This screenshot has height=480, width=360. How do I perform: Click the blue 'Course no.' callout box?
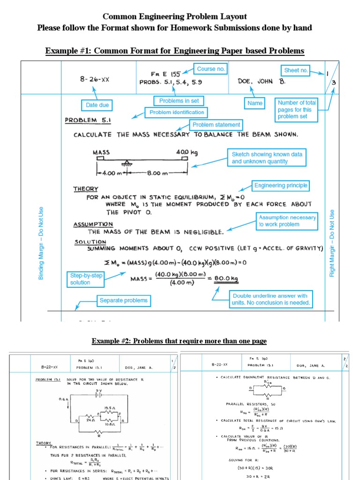point(211,69)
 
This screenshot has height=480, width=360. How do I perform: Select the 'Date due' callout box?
point(97,105)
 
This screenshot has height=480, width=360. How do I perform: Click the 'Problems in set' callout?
point(179,101)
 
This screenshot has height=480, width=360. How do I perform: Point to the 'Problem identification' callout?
point(177,112)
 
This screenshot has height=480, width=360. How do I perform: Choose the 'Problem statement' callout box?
point(216,125)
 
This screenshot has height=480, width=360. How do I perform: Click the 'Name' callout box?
point(255,103)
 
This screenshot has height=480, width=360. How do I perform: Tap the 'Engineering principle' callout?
point(281,186)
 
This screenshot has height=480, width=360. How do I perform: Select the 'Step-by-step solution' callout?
point(86,279)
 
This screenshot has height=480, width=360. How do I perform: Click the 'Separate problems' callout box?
point(123,300)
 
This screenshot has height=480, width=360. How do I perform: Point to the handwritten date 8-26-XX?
point(94,80)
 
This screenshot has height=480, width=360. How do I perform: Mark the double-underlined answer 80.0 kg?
point(226,279)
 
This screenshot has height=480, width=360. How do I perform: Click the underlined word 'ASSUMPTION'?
point(93,225)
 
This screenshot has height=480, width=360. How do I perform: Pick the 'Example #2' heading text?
point(179,341)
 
